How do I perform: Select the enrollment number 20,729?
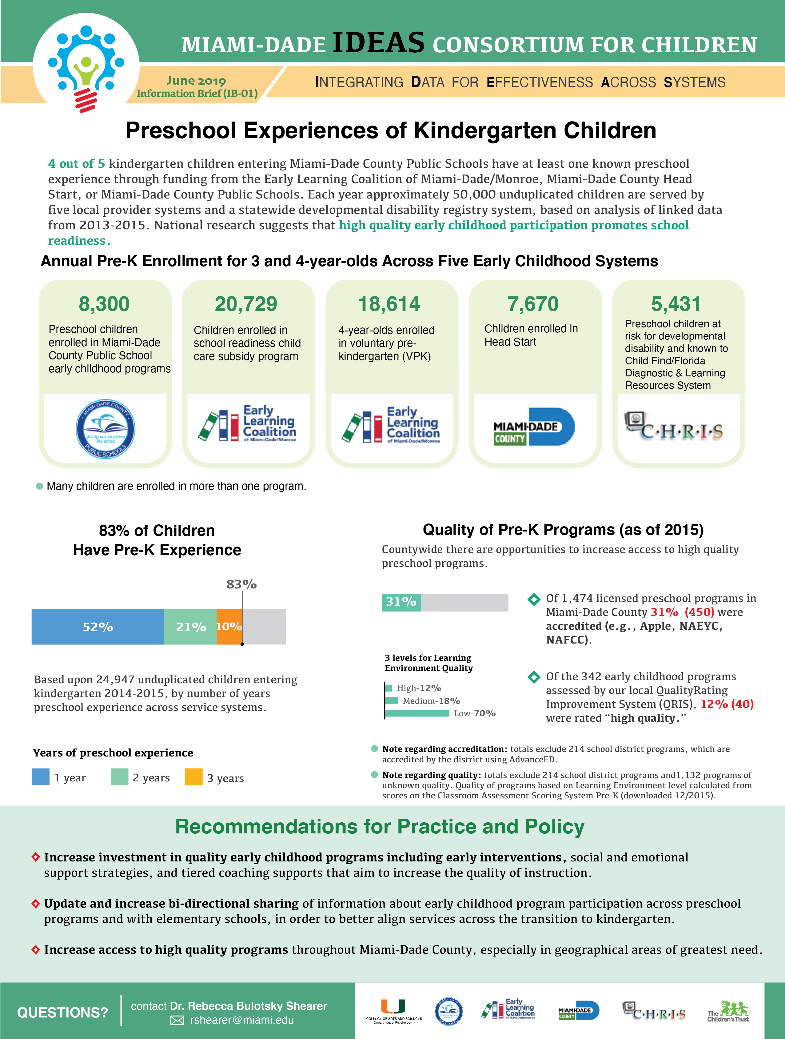pos(246,304)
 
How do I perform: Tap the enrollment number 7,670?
pos(533,304)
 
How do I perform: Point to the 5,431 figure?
pos(676,304)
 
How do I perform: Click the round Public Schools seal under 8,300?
pos(105,429)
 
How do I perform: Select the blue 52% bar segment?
pos(98,627)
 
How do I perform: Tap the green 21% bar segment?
pos(190,627)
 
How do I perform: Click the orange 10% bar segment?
pos(229,627)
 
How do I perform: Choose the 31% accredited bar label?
pos(401,602)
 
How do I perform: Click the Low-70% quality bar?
pos(417,713)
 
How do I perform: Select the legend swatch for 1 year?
pos(41,777)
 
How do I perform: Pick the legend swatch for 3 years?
pos(194,777)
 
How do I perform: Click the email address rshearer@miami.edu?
pos(242,1020)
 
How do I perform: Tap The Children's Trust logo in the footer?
pos(728,1011)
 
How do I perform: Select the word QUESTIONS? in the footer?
pos(62,1012)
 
